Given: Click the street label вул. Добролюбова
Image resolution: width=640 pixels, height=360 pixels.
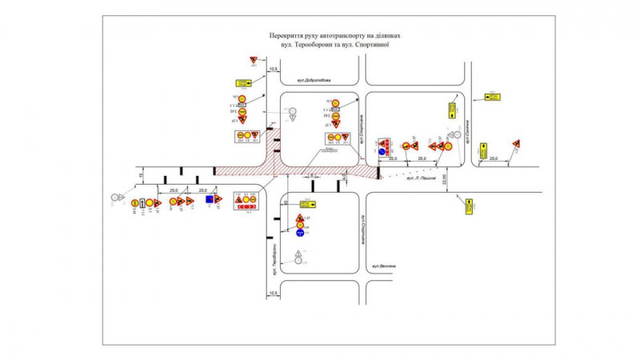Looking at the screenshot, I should pyautogui.click(x=313, y=82).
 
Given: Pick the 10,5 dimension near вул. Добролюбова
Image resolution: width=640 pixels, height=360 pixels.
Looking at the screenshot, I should pyautogui.click(x=274, y=70).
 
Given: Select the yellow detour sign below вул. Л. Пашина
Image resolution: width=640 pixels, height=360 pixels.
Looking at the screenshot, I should pyautogui.click(x=470, y=206).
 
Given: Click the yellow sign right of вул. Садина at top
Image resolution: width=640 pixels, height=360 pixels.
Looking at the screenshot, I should pyautogui.click(x=491, y=98).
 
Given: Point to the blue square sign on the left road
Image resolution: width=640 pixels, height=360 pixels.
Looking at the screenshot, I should pyautogui.click(x=209, y=199).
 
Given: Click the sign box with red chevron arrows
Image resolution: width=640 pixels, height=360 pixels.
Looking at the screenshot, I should pyautogui.click(x=245, y=206).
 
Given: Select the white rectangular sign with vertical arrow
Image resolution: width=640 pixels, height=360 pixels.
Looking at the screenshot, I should pyautogui.click(x=142, y=203).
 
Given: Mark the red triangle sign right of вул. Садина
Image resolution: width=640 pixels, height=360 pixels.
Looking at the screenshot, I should pyautogui.click(x=517, y=144).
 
